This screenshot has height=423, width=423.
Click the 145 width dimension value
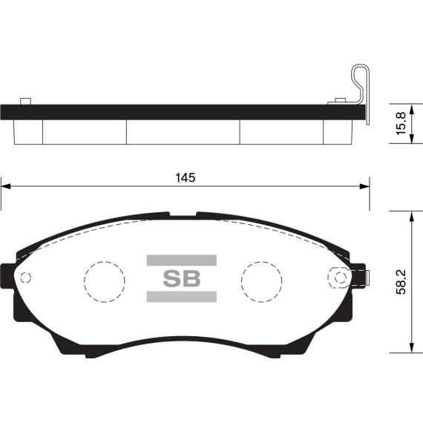[x=185, y=178]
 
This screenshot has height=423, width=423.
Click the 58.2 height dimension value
[x=401, y=282]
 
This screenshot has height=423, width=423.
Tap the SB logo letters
[x=182, y=278]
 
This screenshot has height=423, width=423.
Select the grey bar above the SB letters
[x=182, y=260]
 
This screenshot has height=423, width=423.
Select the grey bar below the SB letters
[x=182, y=297]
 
